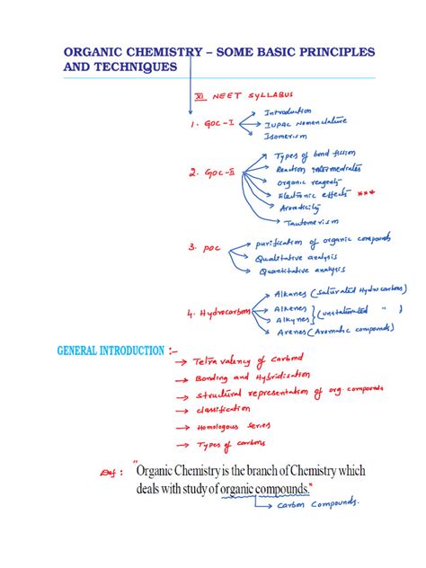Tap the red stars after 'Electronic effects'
click(x=359, y=192)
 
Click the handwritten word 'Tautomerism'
click(x=311, y=221)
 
